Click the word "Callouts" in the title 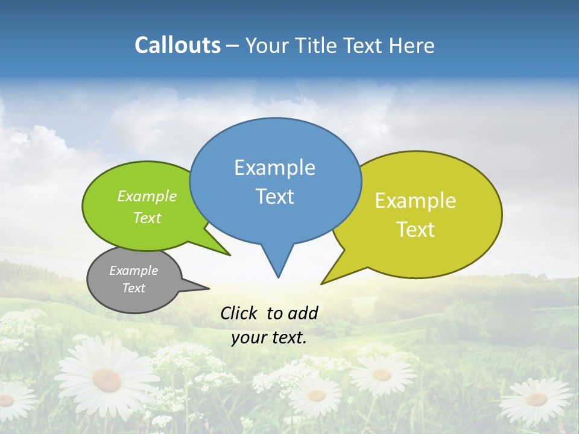[177, 45]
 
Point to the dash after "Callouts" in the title [233, 46]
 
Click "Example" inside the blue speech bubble [274, 168]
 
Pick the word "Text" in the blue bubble [274, 197]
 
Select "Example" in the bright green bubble [147, 196]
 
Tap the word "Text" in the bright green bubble [147, 218]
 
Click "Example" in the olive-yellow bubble [416, 201]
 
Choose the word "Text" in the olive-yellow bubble [416, 230]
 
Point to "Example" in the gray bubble [133, 271]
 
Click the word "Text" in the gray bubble [133, 288]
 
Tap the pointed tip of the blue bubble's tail [278, 277]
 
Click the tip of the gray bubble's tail [209, 288]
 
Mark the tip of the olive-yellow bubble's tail [321, 283]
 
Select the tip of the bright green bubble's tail [230, 256]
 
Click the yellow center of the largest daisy [106, 379]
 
